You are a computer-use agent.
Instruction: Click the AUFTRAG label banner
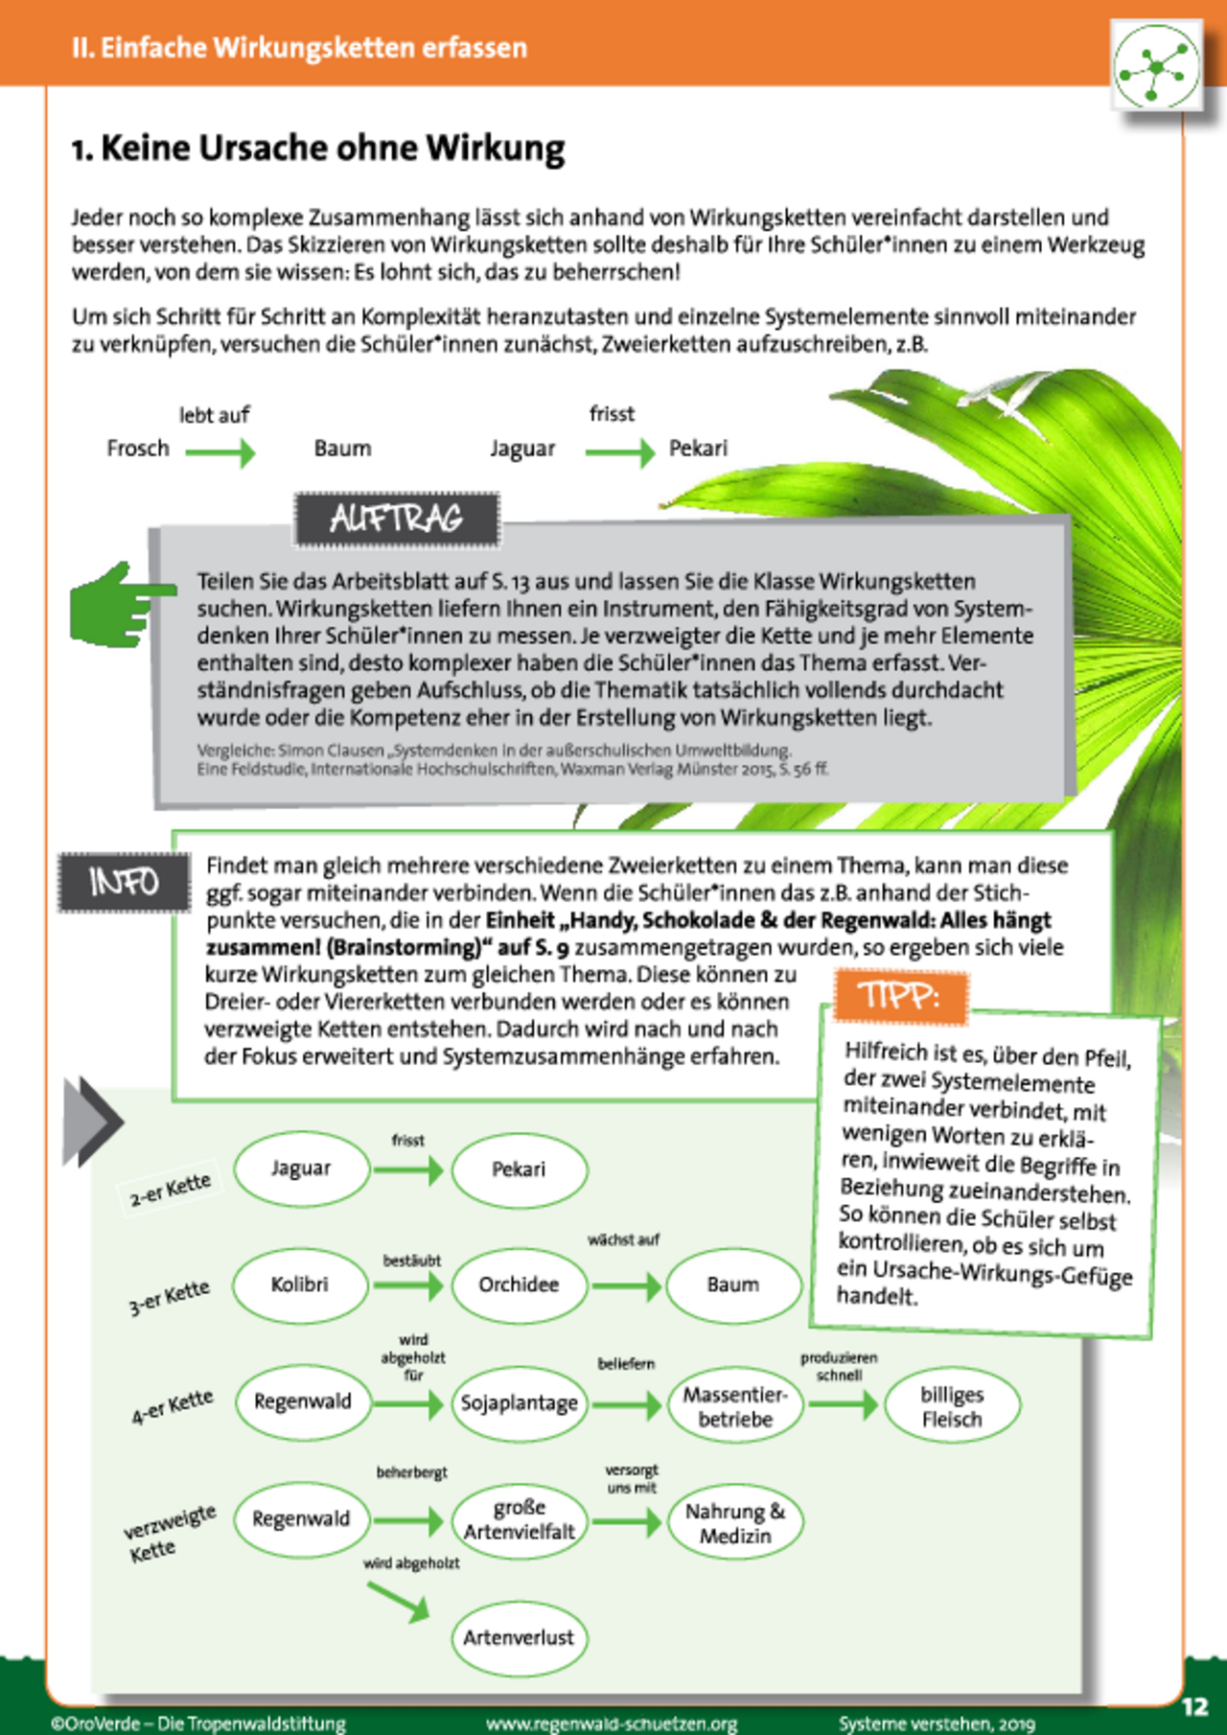pyautogui.click(x=397, y=520)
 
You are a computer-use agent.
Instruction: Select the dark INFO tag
pyautogui.click(x=124, y=881)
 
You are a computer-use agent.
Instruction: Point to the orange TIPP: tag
pyautogui.click(x=900, y=996)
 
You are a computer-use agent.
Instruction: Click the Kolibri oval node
pyautogui.click(x=300, y=1284)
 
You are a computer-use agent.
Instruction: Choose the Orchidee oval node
pyautogui.click(x=519, y=1284)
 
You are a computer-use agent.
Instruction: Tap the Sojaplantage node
pyautogui.click(x=519, y=1403)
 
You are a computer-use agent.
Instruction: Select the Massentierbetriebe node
pyautogui.click(x=734, y=1406)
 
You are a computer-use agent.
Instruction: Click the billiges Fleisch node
pyautogui.click(x=952, y=1406)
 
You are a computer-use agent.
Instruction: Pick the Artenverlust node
pyautogui.click(x=519, y=1637)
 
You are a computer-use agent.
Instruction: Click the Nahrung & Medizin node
pyautogui.click(x=734, y=1522)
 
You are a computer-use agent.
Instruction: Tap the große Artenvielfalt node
pyautogui.click(x=519, y=1520)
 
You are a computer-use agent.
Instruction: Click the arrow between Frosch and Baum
pyautogui.click(x=220, y=452)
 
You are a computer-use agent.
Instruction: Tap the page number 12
pyautogui.click(x=1194, y=1706)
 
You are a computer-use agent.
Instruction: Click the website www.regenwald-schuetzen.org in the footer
pyautogui.click(x=612, y=1723)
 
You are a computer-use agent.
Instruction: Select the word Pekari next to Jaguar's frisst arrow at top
pyautogui.click(x=698, y=449)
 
